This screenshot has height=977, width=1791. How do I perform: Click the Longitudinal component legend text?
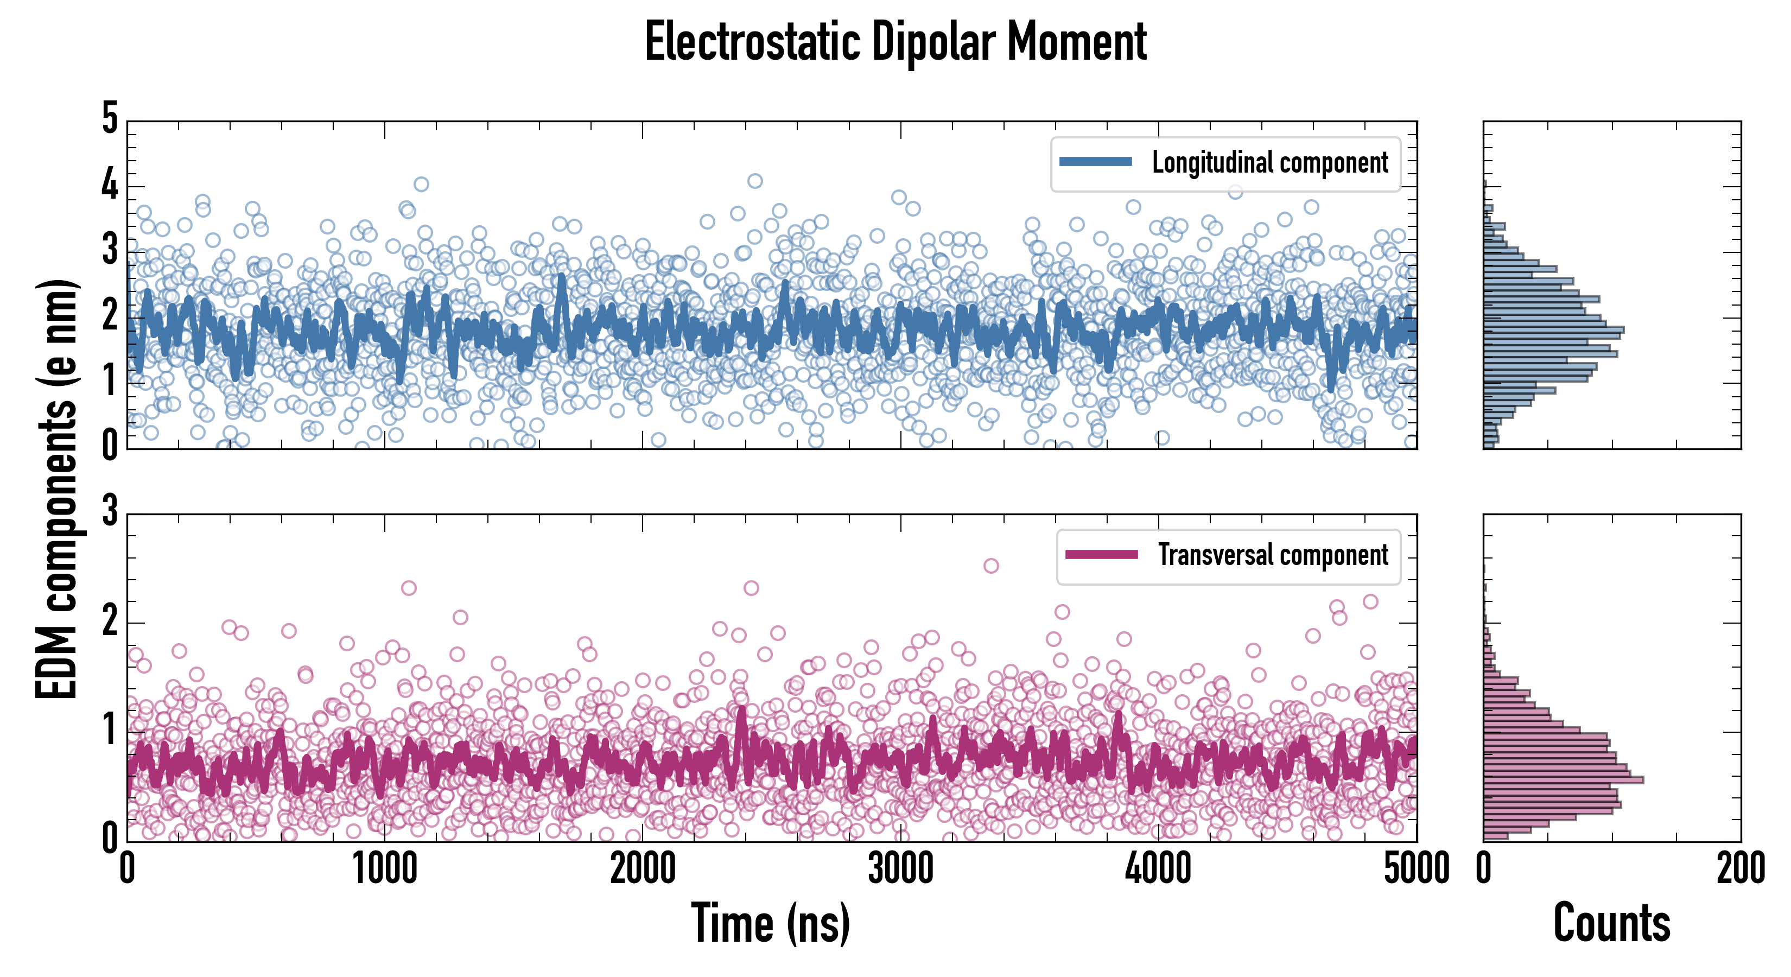pos(1269,163)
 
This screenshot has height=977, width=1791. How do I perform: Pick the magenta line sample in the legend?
pos(1101,554)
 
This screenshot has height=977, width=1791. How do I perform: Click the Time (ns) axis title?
pos(770,923)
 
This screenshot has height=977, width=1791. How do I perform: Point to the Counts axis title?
pos(1611,923)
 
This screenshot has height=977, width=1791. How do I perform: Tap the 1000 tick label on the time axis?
pos(384,869)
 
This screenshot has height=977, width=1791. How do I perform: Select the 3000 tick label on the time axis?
pos(900,869)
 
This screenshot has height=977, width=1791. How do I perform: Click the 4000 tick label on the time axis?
pos(1158,869)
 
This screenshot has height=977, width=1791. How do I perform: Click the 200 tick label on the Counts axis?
pos(1740,869)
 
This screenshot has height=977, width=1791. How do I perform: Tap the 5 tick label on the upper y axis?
pos(110,118)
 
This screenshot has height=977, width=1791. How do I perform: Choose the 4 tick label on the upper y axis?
pos(110,185)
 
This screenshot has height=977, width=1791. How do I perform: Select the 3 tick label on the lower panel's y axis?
pos(110,512)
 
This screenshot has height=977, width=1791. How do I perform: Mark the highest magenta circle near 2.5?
pos(991,566)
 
